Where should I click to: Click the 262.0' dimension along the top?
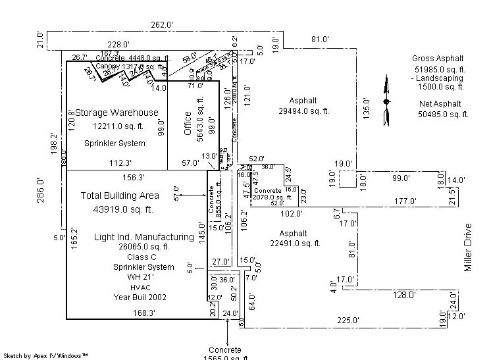[161, 25]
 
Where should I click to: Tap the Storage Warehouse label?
[116, 113]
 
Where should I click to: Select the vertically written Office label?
[188, 124]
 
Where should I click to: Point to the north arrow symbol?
[386, 101]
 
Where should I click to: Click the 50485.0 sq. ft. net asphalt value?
[442, 115]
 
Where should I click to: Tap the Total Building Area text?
[120, 195]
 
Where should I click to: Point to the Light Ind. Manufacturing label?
[144, 237]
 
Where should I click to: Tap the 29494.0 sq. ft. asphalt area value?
[303, 111]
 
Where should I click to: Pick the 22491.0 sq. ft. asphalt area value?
[293, 244]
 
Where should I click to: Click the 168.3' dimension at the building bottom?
[143, 313]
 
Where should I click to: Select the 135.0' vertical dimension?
[366, 108]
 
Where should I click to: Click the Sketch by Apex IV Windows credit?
[47, 355]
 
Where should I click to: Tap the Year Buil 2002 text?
[140, 297]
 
